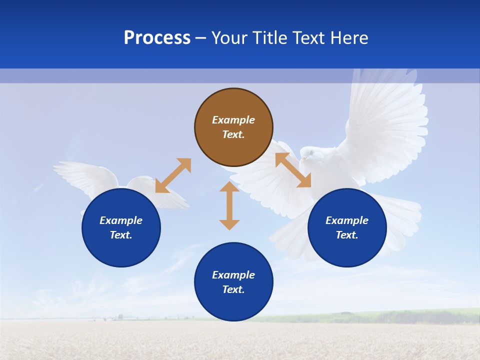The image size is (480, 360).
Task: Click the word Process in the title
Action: tap(157, 38)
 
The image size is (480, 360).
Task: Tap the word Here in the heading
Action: tap(348, 38)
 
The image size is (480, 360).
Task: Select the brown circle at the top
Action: tap(233, 127)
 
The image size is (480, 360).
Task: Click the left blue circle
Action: tap(121, 227)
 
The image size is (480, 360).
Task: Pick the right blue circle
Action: tap(347, 227)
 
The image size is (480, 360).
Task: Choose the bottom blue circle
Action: tap(233, 282)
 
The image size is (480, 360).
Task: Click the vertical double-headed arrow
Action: tap(229, 205)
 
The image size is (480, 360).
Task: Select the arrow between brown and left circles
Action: tap(173, 175)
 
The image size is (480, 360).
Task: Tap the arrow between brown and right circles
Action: tap(293, 170)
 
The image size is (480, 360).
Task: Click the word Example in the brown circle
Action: tap(233, 120)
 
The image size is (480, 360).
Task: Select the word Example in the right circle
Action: tap(347, 220)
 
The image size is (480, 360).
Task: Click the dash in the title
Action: tap(200, 38)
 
